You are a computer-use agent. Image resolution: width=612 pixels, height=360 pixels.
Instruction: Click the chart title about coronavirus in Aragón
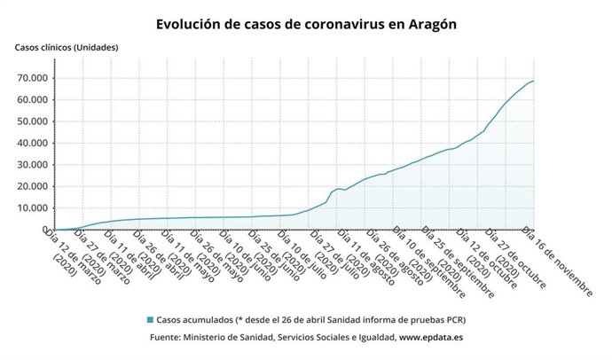coord(306,24)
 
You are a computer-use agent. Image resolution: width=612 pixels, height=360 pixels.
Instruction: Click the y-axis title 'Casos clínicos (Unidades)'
coord(66,47)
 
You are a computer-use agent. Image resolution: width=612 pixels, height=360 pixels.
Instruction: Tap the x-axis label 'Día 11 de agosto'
coord(363,257)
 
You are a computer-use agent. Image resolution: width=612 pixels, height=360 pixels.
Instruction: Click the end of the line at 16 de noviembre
coord(533,81)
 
